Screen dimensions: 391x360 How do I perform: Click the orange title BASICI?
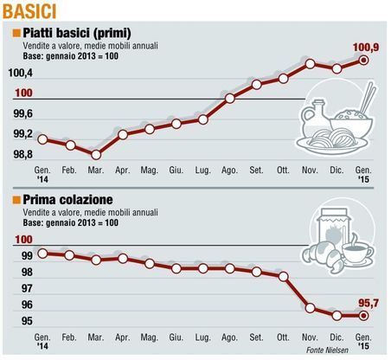29,11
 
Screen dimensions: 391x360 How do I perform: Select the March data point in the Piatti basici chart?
96,155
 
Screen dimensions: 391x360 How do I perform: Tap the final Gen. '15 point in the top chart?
363,60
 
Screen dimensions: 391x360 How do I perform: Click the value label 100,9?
366,48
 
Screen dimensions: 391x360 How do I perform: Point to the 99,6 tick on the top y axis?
23,114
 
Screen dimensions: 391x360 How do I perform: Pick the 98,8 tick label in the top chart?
23,155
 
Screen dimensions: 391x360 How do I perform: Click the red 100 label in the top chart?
23,93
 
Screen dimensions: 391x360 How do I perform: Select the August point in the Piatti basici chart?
230,99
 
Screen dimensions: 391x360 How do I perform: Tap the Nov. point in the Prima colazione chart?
310,308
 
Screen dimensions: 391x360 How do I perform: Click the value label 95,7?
369,303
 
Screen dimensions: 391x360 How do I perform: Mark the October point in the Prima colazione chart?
284,277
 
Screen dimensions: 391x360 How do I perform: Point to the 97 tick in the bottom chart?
27,288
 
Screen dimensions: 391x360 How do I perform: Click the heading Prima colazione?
67,200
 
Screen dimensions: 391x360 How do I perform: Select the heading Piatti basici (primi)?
77,33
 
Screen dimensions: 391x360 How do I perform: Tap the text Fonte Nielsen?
327,350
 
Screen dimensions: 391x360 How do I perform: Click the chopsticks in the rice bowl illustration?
368,98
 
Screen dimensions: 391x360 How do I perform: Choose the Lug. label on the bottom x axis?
203,337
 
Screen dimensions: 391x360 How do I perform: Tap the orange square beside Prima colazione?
16,200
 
